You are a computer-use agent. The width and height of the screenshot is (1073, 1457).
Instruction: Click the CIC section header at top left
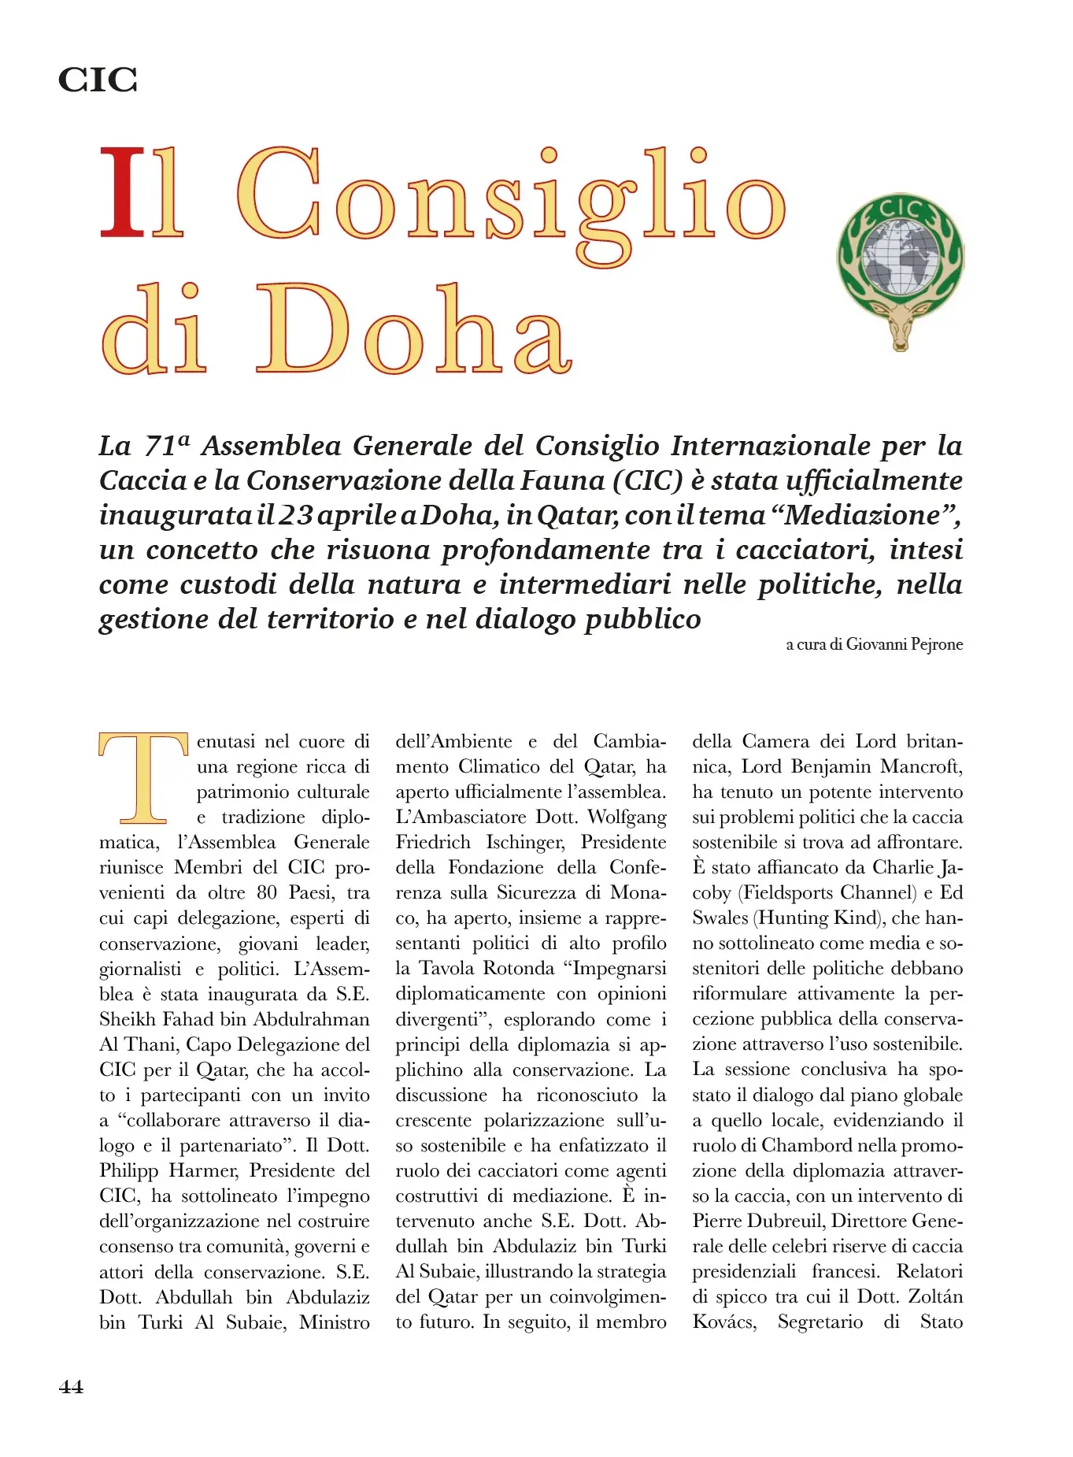[x=98, y=80]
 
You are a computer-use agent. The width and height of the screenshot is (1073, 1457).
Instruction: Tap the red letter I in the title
[x=124, y=193]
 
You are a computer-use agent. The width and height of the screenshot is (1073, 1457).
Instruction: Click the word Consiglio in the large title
[x=511, y=197]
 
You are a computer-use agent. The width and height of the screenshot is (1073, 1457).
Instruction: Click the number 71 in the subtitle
[x=161, y=447]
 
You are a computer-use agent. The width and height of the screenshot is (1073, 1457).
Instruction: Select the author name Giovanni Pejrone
[x=905, y=644]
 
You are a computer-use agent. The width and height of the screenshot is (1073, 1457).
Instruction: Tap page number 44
[x=71, y=1386]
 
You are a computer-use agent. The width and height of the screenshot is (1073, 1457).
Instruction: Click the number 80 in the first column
[x=267, y=893]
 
